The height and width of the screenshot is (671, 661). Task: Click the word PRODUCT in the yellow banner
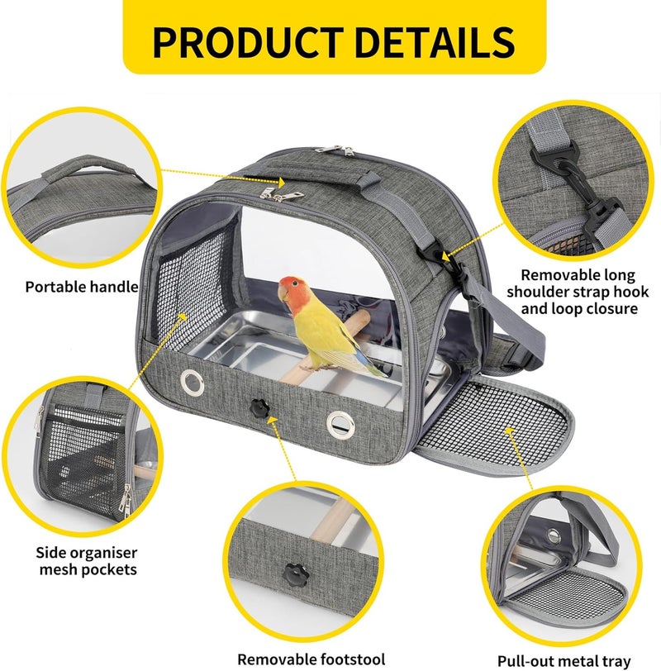pos(248,42)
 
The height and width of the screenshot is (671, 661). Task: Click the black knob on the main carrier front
pos(259,408)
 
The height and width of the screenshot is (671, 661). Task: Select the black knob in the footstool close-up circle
pos(295,574)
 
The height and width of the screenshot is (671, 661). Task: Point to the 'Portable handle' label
pos(82,287)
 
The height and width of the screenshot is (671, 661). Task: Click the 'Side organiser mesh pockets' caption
pos(87,561)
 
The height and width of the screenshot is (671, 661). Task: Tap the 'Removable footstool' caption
pos(311,659)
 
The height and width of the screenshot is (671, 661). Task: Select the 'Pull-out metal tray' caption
pos(564,661)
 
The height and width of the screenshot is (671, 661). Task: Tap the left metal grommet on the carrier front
pos(192,382)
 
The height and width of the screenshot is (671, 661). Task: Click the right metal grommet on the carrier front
pos(340,425)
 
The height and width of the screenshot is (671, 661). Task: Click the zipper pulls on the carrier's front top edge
pos(280,195)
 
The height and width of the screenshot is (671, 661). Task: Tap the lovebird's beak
pos(283,293)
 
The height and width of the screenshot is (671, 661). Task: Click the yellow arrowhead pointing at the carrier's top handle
pos(281,183)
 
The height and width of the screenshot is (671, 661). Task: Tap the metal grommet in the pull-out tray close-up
pos(554,535)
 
